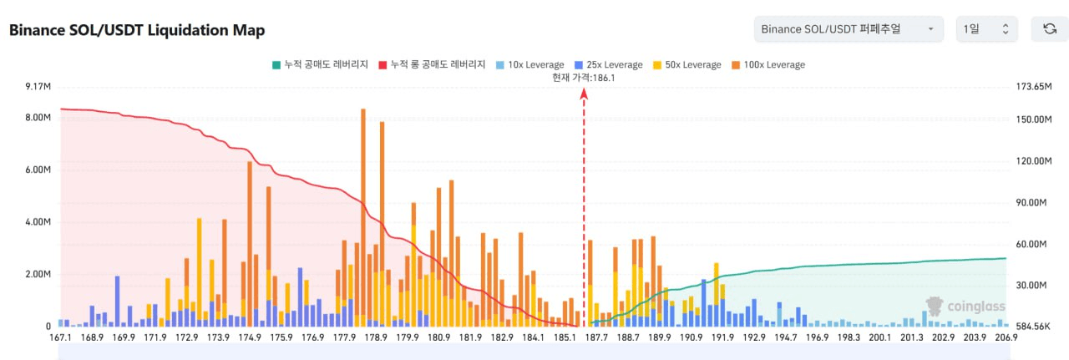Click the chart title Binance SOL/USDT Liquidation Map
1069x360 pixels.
(137, 30)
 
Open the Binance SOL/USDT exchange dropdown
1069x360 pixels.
(848, 29)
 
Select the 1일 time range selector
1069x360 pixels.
(986, 29)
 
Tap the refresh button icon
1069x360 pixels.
(1050, 29)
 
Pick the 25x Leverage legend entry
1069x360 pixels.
(610, 64)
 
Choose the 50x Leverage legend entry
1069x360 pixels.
(687, 64)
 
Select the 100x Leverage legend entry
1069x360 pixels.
(768, 64)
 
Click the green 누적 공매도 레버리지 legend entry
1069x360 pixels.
(320, 64)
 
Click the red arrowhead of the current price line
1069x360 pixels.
(584, 94)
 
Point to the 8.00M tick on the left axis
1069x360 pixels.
(38, 118)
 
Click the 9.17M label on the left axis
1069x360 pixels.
(38, 87)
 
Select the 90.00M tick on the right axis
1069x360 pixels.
(1034, 202)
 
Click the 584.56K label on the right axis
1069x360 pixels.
(1033, 327)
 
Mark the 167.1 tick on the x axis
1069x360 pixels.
(60, 337)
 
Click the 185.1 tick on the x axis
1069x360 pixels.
(565, 337)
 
